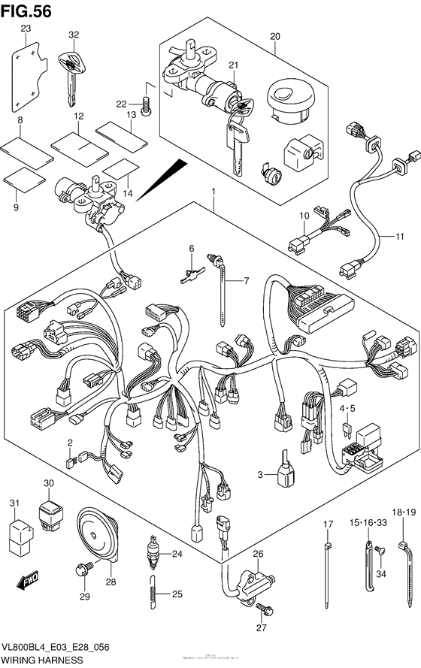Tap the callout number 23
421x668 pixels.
tap(25, 29)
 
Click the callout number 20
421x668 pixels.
tap(274, 35)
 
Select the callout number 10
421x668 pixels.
tap(304, 216)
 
